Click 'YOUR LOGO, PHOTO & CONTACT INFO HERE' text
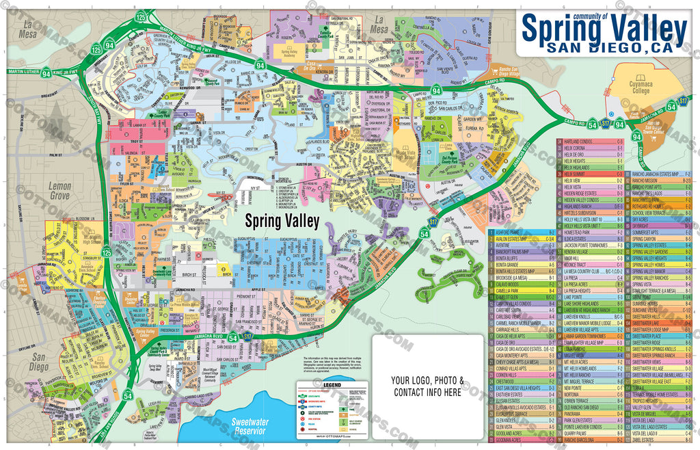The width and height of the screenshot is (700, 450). click(427, 386)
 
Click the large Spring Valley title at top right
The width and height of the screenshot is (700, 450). click(604, 29)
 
